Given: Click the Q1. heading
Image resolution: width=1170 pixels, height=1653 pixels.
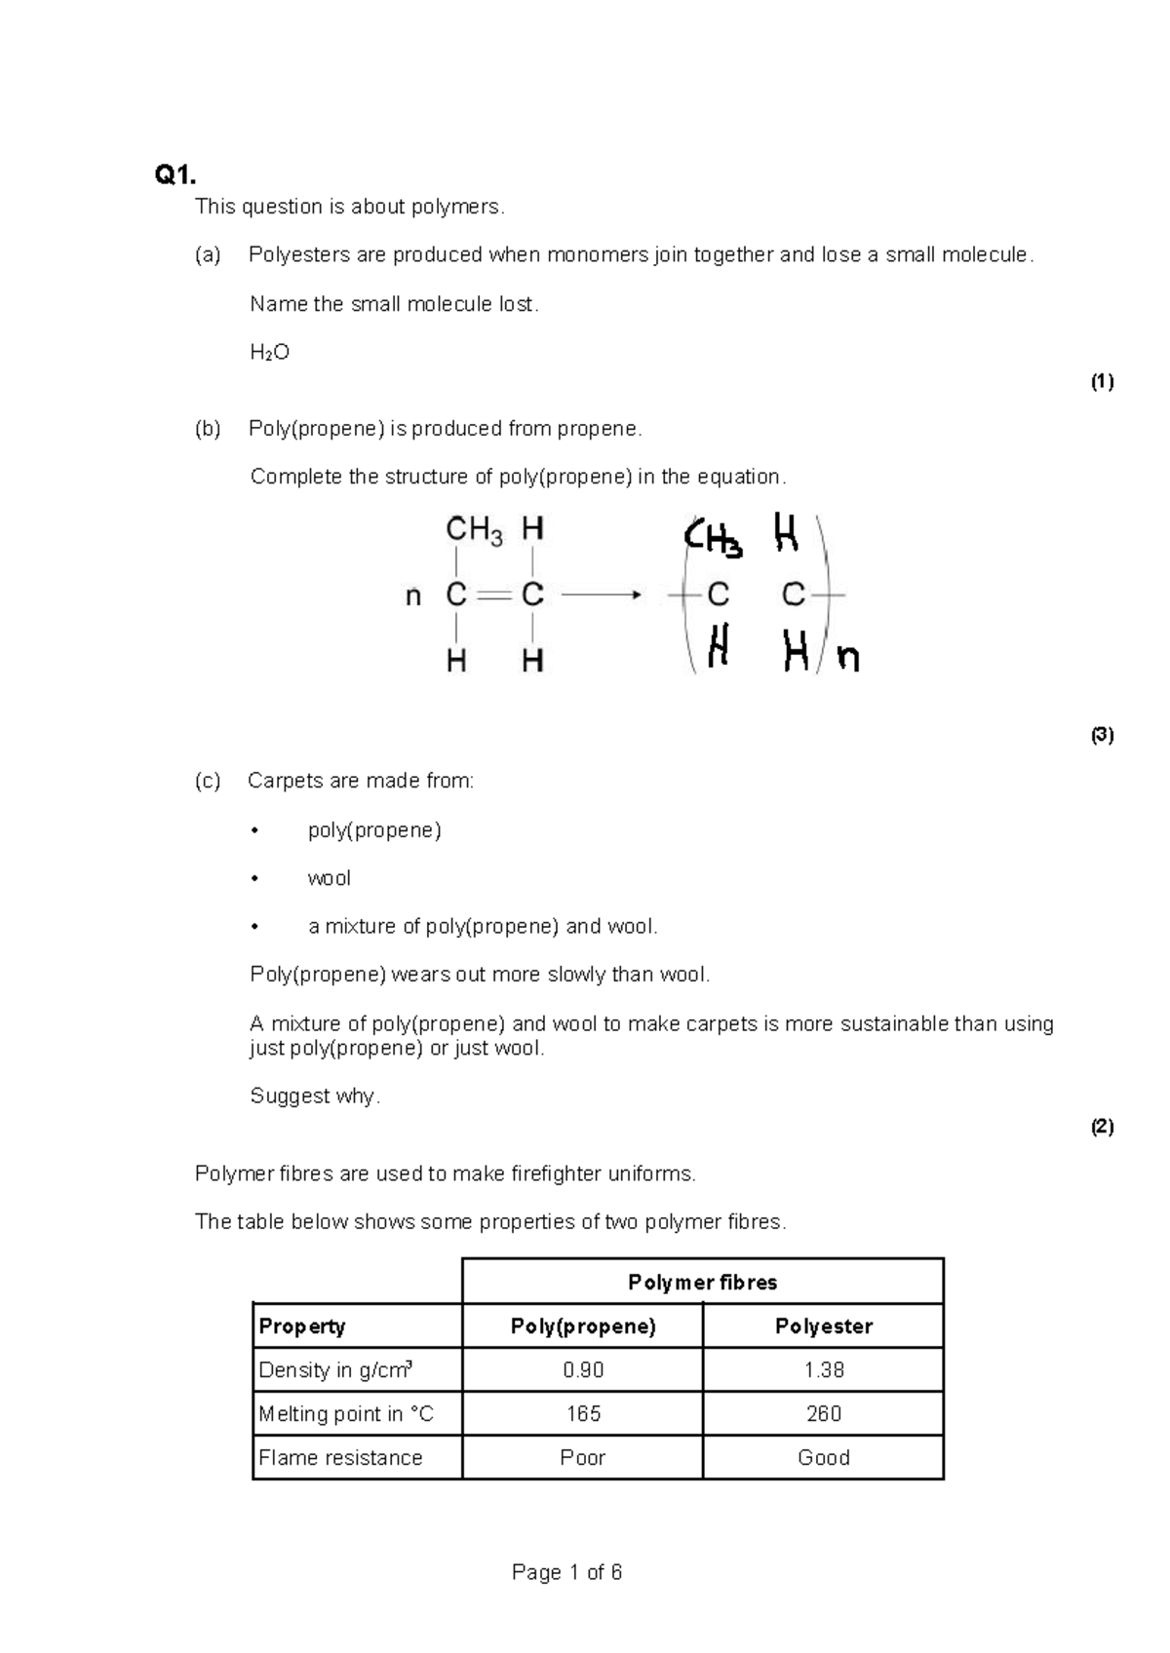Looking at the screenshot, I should point(175,175).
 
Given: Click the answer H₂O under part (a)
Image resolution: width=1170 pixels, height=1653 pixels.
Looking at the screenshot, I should point(270,353).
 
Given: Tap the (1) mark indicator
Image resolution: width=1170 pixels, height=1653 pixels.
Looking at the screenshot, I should point(1102,382).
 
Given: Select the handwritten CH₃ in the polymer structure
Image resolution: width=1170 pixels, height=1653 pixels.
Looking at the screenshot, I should point(713,539).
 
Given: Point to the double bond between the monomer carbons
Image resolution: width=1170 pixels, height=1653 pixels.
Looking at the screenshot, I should point(493,595).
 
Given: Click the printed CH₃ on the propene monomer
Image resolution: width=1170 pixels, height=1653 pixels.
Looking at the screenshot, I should point(474,531).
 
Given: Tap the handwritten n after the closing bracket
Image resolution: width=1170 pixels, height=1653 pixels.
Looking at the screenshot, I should point(848,660).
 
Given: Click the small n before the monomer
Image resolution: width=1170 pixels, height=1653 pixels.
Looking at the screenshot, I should point(413,596).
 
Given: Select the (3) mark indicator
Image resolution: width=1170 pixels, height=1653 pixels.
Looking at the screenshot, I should point(1102,735).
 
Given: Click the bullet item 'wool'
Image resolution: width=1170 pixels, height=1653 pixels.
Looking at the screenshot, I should point(329,878).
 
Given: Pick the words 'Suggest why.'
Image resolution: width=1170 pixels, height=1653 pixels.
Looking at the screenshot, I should point(315,1096).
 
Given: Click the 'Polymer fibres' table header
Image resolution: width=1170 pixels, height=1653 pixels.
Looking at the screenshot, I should point(702,1282).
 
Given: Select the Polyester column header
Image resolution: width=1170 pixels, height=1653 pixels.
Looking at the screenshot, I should point(823,1326).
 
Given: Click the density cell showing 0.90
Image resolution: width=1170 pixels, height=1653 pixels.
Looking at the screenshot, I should point(583,1369).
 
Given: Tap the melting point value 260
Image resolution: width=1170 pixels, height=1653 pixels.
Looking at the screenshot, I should point(823,1413).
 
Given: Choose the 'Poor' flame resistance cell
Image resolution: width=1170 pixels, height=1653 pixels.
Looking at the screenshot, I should point(582,1457).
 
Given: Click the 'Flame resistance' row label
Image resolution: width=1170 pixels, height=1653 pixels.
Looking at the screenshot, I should point(340,1457).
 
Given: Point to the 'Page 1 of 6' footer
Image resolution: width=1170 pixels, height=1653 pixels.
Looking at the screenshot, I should point(566,1572).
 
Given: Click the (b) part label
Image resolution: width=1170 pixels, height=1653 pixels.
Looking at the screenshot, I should point(208,429).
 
